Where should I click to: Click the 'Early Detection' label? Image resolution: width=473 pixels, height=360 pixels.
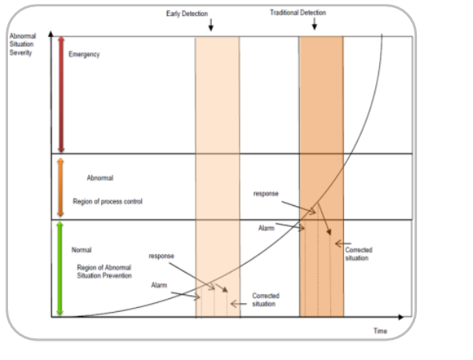pyautogui.click(x=187, y=14)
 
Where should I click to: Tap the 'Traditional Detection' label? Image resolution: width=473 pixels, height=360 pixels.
pyautogui.click(x=297, y=13)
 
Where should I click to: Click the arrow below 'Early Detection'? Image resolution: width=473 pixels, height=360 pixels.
pyautogui.click(x=211, y=24)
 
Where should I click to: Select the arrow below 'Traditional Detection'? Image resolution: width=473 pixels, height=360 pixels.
pyautogui.click(x=314, y=23)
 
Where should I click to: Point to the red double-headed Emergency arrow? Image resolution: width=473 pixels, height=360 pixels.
pyautogui.click(x=61, y=95)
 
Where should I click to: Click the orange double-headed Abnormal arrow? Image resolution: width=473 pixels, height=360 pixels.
pyautogui.click(x=60, y=187)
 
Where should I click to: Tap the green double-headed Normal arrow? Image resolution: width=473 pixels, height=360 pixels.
pyautogui.click(x=60, y=269)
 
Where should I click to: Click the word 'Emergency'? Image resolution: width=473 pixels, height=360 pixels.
pyautogui.click(x=84, y=55)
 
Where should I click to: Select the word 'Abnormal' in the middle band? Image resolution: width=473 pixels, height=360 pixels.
pyautogui.click(x=100, y=178)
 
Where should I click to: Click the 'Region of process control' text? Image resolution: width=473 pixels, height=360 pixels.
pyautogui.click(x=107, y=201)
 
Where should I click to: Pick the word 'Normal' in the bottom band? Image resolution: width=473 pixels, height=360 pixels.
pyautogui.click(x=82, y=250)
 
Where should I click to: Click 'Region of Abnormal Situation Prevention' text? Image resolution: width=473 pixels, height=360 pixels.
pyautogui.click(x=104, y=271)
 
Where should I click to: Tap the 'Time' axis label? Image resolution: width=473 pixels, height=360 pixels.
pyautogui.click(x=380, y=330)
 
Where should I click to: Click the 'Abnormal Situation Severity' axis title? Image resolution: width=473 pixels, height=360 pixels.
pyautogui.click(x=22, y=44)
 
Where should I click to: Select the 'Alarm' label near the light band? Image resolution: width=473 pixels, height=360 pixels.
pyautogui.click(x=159, y=285)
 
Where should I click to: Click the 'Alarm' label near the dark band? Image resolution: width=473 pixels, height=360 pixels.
pyautogui.click(x=266, y=229)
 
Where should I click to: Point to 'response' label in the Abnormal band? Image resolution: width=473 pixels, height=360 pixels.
pyautogui.click(x=265, y=193)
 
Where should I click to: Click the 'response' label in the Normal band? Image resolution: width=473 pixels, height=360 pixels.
pyautogui.click(x=161, y=256)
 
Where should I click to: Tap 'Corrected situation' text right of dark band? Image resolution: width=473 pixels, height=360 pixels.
pyautogui.click(x=358, y=254)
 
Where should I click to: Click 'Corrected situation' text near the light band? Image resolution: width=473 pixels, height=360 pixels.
pyautogui.click(x=265, y=300)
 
